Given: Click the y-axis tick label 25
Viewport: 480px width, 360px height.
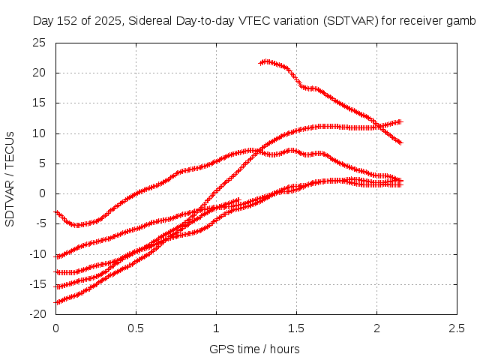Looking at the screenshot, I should point(40,43).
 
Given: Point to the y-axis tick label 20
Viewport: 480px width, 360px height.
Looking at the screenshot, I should point(40,73).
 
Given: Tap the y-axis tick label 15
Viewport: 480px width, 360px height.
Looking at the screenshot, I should point(40,103).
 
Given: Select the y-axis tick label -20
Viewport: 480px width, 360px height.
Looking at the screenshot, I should point(37,314).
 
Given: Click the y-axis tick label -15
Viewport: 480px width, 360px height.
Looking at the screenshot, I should point(37,284).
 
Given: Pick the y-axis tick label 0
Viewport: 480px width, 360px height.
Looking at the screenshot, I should point(43,193).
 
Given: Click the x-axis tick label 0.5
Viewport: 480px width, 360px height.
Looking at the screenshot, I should point(136,328).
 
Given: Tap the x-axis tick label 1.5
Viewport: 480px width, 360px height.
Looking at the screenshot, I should point(296,328).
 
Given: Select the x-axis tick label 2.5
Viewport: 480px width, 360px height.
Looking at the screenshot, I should point(457,328).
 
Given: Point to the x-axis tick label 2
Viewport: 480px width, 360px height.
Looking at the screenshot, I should point(376,328).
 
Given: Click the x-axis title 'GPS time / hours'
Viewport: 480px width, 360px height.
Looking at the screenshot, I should point(255,349).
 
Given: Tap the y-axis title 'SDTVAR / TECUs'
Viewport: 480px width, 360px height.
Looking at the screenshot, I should point(10,178).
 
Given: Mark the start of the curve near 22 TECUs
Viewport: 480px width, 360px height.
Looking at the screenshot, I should point(261,62).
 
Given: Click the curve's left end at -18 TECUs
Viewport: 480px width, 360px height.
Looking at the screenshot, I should point(56,302).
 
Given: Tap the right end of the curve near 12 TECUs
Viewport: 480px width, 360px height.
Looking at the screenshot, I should point(400,121).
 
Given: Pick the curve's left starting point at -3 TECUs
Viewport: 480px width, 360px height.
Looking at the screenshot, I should point(56,212).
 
